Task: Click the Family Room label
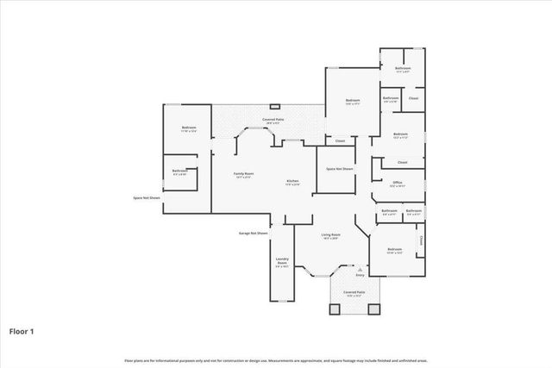(x=243, y=175)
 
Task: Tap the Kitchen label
(x=292, y=182)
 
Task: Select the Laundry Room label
(x=281, y=262)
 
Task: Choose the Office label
(x=398, y=183)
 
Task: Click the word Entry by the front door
(x=360, y=275)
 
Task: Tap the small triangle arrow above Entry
(x=360, y=269)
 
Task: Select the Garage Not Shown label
(x=254, y=233)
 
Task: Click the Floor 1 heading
(x=22, y=330)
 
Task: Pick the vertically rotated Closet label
(x=420, y=240)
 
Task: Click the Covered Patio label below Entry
(x=354, y=294)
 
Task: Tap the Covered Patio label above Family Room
(x=275, y=120)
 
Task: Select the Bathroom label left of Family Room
(x=180, y=171)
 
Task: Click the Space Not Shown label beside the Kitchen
(x=340, y=169)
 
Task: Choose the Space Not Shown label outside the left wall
(x=147, y=198)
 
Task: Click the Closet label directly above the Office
(x=403, y=162)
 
